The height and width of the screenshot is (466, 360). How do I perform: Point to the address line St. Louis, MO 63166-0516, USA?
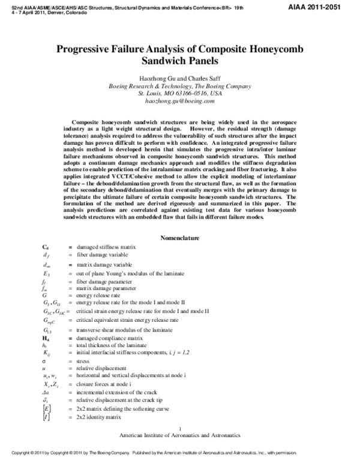tap(180, 94)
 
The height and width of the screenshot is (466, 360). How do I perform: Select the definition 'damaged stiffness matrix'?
tap(106, 247)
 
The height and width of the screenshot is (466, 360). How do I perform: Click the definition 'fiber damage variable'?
tap(102, 256)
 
